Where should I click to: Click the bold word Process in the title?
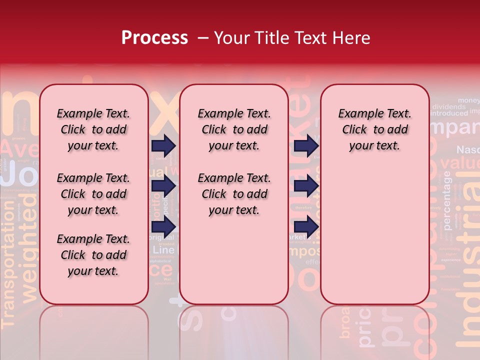(x=154, y=38)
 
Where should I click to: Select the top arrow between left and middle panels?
(x=163, y=146)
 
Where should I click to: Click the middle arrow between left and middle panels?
(x=163, y=186)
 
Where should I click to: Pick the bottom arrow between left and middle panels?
(x=163, y=226)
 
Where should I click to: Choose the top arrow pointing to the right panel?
(x=306, y=146)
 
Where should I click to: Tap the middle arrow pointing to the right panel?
(x=306, y=186)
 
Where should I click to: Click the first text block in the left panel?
(x=93, y=129)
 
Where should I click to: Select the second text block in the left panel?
(x=93, y=194)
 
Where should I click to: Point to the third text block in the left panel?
(x=93, y=255)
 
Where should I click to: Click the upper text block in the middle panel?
(x=234, y=129)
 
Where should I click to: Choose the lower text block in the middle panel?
(x=234, y=194)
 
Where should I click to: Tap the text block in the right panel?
(x=374, y=129)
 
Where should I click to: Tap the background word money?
(x=468, y=100)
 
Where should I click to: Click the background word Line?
(x=163, y=249)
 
